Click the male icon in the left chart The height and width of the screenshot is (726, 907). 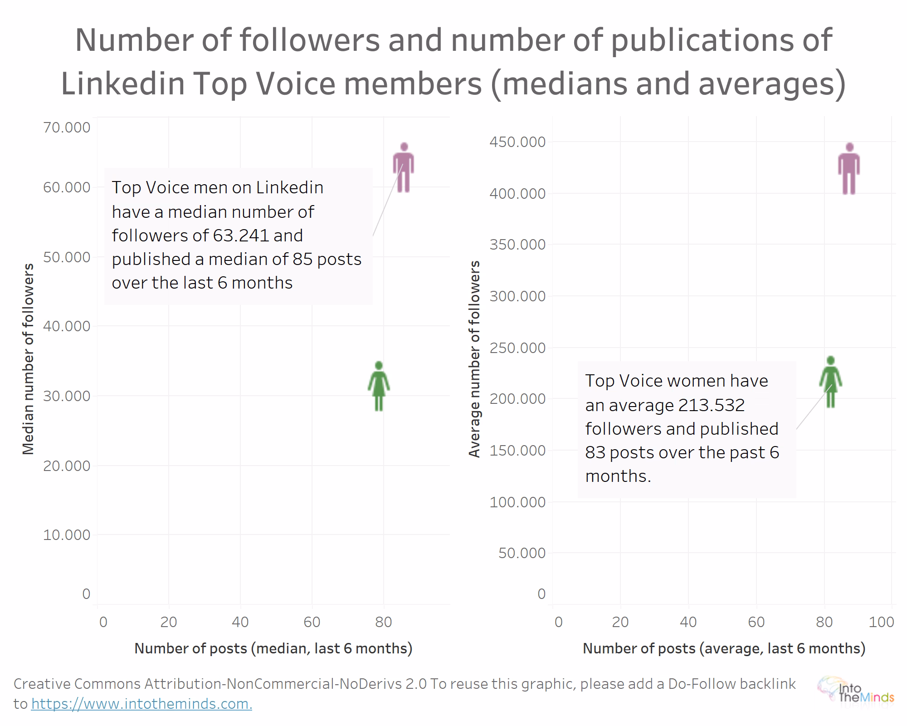click(403, 168)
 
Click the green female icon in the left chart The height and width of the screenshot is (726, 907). click(379, 386)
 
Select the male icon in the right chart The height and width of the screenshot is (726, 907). click(849, 169)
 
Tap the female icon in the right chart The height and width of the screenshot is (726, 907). click(830, 382)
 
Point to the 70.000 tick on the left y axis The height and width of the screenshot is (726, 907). click(67, 128)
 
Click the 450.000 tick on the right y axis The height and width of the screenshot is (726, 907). click(517, 142)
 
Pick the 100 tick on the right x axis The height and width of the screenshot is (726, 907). click(881, 622)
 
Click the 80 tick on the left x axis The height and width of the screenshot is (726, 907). click(383, 622)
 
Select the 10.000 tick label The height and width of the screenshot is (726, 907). click(67, 535)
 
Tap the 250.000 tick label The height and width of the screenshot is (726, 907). click(517, 348)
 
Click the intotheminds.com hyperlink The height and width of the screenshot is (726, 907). click(141, 704)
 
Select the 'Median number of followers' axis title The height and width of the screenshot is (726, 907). click(28, 358)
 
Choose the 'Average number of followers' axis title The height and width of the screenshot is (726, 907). click(474, 358)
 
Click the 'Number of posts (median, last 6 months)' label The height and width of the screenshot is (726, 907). click(273, 648)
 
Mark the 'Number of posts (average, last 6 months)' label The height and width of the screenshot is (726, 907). click(724, 648)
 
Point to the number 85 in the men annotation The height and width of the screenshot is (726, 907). click(302, 259)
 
